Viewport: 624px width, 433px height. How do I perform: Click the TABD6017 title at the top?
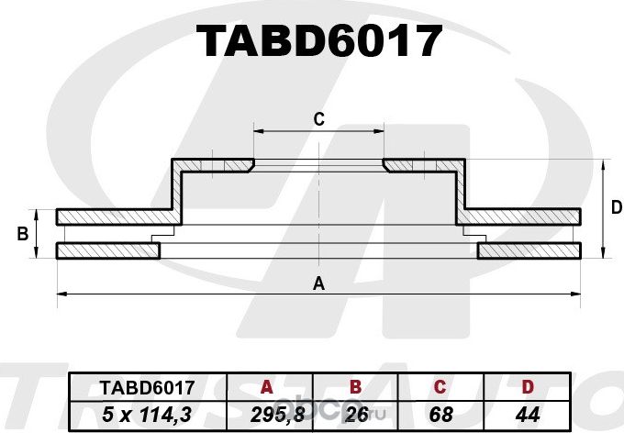pyautogui.click(x=320, y=40)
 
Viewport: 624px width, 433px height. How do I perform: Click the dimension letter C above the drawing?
pyautogui.click(x=319, y=118)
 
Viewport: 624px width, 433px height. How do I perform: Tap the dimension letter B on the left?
pyautogui.click(x=22, y=234)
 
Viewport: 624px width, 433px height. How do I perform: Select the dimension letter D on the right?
pyautogui.click(x=617, y=208)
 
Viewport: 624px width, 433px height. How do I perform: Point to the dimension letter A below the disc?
pyautogui.click(x=319, y=283)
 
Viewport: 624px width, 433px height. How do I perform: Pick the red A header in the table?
pyautogui.click(x=267, y=387)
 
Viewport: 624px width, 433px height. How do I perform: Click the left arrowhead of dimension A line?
pyautogui.click(x=61, y=294)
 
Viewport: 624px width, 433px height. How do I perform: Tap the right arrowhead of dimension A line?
pyautogui.click(x=578, y=294)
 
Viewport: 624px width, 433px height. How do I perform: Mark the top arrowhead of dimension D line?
pyautogui.click(x=603, y=164)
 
